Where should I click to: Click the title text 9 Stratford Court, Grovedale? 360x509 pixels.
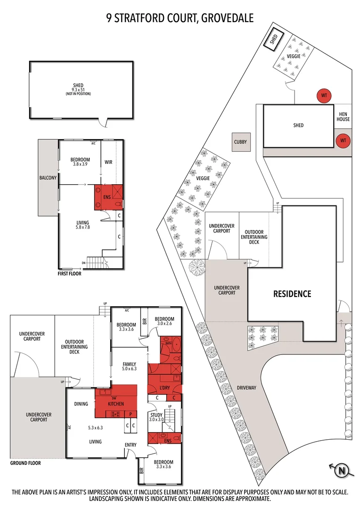tap(180, 17)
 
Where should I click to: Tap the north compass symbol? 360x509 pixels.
tap(341, 470)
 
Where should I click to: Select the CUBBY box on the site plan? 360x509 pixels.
tap(240, 142)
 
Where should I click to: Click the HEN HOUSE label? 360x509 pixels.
tap(343, 116)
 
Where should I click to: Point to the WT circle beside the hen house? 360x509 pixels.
tap(343, 140)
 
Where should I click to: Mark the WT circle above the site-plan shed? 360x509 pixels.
tap(324, 95)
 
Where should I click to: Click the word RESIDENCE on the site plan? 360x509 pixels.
tap(292, 294)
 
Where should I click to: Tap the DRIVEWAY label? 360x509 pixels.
tap(246, 387)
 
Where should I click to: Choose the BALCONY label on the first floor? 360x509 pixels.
tap(48, 178)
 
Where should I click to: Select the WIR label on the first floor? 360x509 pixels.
tap(108, 162)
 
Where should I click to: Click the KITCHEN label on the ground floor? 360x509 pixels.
tap(116, 404)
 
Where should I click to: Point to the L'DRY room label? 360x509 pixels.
tap(165, 387)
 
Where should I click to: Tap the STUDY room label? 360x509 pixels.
tap(156, 415)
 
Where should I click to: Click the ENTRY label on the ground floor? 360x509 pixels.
tap(131, 445)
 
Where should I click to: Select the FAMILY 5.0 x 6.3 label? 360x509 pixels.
tap(129, 366)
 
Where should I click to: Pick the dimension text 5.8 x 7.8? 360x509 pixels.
tap(83, 227)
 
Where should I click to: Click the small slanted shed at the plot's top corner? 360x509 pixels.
tap(274, 39)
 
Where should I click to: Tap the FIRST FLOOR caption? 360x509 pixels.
tap(69, 274)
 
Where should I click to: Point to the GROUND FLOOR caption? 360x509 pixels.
tap(25, 463)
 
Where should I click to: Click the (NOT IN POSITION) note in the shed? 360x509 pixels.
tap(78, 94)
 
